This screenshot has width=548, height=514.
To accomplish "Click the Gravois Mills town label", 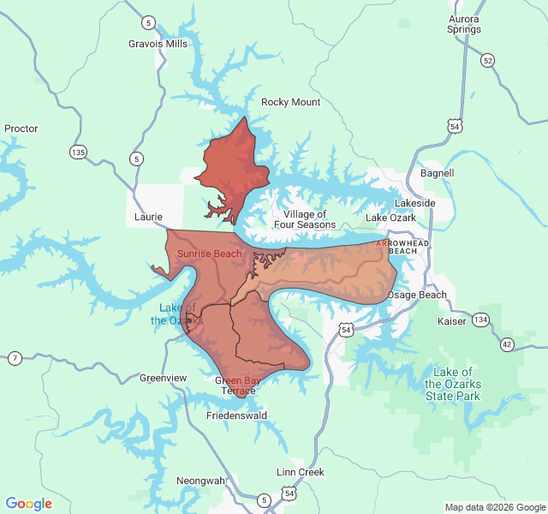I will [158, 44].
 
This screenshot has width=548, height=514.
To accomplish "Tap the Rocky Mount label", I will [290, 102].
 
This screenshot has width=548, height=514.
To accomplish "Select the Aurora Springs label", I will [464, 24].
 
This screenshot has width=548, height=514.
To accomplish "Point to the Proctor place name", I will [21, 128].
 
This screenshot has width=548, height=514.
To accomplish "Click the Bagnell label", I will [438, 173].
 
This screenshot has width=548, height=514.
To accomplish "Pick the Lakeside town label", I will [414, 203].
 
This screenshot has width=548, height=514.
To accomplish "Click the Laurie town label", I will [149, 218].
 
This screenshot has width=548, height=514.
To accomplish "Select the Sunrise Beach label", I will [209, 254].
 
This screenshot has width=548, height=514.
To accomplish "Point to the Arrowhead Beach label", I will [404, 248].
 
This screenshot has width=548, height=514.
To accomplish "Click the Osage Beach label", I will [417, 295].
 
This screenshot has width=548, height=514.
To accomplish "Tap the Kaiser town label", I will [452, 321].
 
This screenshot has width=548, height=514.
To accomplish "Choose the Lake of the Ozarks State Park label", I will [453, 384].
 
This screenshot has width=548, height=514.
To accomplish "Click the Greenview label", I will [163, 378].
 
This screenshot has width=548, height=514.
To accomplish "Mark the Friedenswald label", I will [237, 415].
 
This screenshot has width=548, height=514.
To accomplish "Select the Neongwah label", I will [200, 481].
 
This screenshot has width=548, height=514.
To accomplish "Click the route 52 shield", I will [487, 60].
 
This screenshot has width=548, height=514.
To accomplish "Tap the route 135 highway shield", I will [78, 152].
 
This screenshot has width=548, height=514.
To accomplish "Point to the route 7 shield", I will [15, 357].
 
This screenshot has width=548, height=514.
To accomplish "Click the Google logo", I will [29, 504].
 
